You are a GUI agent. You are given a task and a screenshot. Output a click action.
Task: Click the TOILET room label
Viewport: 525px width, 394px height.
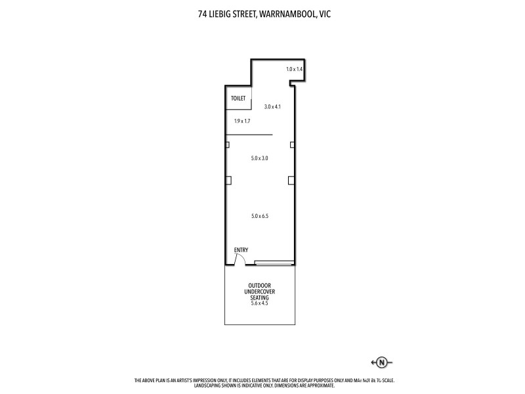[238, 98]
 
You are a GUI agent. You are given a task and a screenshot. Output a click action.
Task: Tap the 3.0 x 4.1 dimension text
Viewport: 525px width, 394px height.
[272, 106]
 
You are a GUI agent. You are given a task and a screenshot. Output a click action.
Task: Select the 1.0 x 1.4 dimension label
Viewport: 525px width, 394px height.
[295, 69]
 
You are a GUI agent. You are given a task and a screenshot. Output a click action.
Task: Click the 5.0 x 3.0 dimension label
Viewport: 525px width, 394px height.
[260, 158]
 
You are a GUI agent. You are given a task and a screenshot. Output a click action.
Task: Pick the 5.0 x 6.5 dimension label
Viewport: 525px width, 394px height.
[260, 215]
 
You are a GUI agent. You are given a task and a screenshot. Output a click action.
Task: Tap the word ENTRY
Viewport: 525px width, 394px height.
[241, 250]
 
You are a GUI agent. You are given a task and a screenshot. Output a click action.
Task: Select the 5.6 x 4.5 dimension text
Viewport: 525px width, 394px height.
[260, 303]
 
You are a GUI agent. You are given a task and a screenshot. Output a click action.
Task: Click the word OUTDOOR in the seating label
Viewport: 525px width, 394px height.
[259, 285]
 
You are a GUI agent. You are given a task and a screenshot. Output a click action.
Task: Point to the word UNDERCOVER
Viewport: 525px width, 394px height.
[259, 292]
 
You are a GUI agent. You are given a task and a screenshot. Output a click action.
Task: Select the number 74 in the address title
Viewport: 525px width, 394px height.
[202, 12]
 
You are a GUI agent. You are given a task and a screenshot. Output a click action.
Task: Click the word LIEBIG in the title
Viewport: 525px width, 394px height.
[219, 12]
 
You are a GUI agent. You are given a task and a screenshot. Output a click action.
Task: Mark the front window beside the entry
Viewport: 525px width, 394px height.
[274, 263]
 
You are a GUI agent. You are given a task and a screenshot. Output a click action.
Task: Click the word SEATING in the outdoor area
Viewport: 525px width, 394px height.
[259, 297]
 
